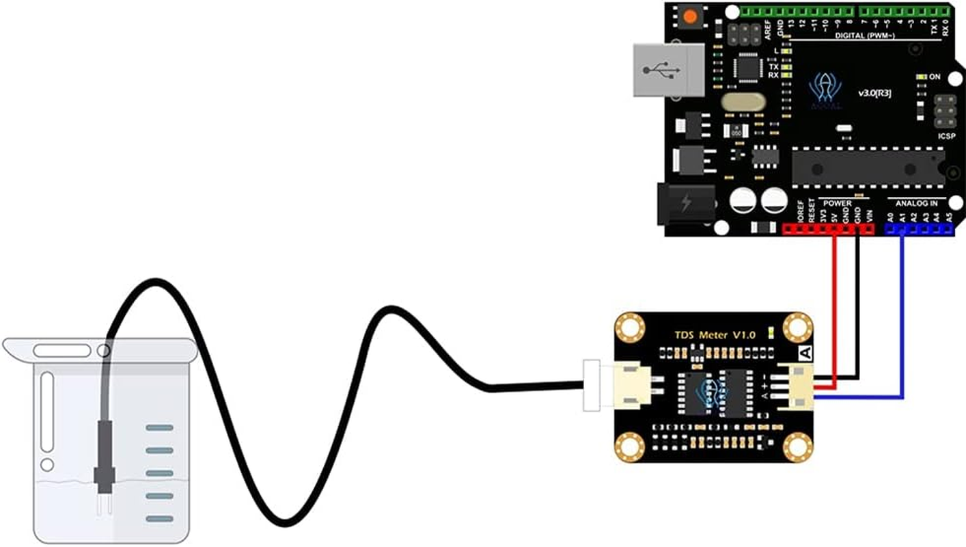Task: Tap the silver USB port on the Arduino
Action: [x=667, y=70]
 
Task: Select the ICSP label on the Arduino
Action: [x=946, y=136]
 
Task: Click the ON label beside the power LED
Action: [x=935, y=77]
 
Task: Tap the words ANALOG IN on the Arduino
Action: [x=916, y=202]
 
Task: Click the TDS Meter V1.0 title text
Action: [x=716, y=335]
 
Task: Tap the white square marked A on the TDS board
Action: [x=805, y=353]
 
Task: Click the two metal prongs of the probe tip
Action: [x=104, y=506]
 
